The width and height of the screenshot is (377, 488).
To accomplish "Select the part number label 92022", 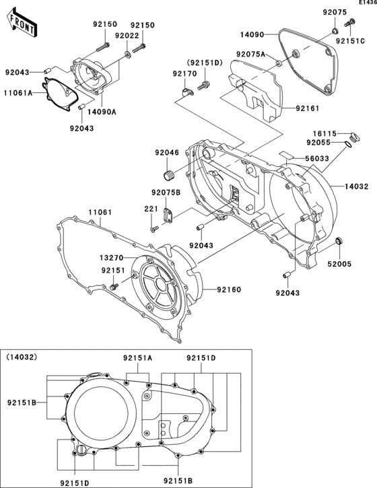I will click(127, 36).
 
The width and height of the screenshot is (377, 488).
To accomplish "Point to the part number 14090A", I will click(102, 112).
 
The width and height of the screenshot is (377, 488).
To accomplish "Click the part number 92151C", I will click(350, 41).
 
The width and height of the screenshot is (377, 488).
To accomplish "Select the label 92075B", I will click(165, 193).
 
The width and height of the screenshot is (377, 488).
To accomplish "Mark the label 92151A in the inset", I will click(138, 358).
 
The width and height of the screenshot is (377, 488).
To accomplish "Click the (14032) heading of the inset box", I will click(22, 356).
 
